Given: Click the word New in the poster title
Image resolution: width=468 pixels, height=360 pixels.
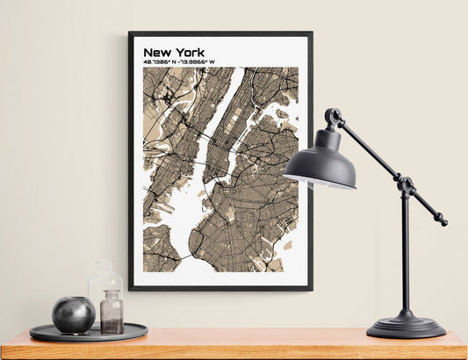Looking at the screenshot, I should pos(157,53).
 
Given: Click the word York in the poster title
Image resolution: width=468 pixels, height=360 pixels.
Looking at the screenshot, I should pos(189,53).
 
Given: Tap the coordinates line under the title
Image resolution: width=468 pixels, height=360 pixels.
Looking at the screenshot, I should pos(179,62).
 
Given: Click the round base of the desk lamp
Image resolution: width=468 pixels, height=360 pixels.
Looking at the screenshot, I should pos(406,327).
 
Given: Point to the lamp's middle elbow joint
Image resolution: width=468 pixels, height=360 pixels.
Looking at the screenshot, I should pos(405,185).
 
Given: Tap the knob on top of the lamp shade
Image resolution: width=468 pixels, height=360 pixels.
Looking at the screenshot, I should pos(333,115).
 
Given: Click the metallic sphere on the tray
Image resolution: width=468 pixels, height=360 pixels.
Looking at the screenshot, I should pos(73,314).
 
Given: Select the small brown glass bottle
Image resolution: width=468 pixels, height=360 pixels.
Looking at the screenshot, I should pos(112,313).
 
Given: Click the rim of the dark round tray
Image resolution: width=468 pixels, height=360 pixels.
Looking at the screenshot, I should pos(88,337).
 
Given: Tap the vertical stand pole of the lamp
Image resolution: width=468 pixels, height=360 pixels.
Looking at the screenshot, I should pos(405,255).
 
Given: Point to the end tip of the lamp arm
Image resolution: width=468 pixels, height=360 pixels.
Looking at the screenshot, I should pos(443,222).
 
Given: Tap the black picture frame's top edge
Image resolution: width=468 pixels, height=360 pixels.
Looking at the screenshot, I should pos(220,33).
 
